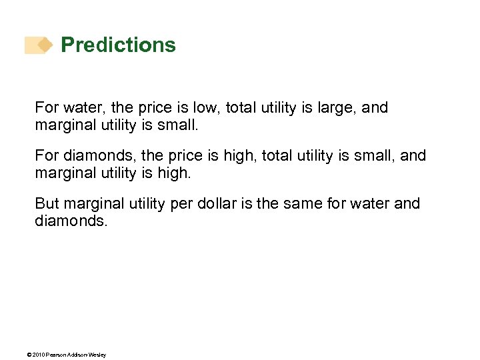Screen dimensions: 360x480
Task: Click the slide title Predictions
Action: [118, 45]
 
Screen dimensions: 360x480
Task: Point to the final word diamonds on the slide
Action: [69, 220]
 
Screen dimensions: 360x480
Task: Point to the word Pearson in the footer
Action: [57, 355]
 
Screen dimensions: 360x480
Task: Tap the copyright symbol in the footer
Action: [29, 355]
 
